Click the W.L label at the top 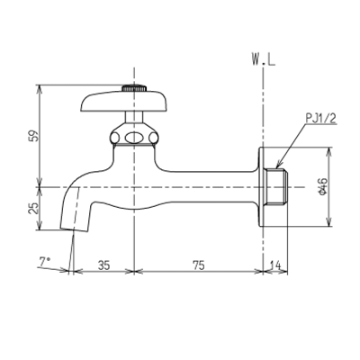click(264, 60)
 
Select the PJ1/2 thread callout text click(321, 119)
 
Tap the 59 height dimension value click(35, 136)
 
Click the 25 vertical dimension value click(35, 209)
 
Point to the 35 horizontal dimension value click(103, 265)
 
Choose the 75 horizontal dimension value click(198, 265)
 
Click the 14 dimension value click(275, 265)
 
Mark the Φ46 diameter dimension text click(324, 186)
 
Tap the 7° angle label click(45, 262)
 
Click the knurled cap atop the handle click(134, 88)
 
